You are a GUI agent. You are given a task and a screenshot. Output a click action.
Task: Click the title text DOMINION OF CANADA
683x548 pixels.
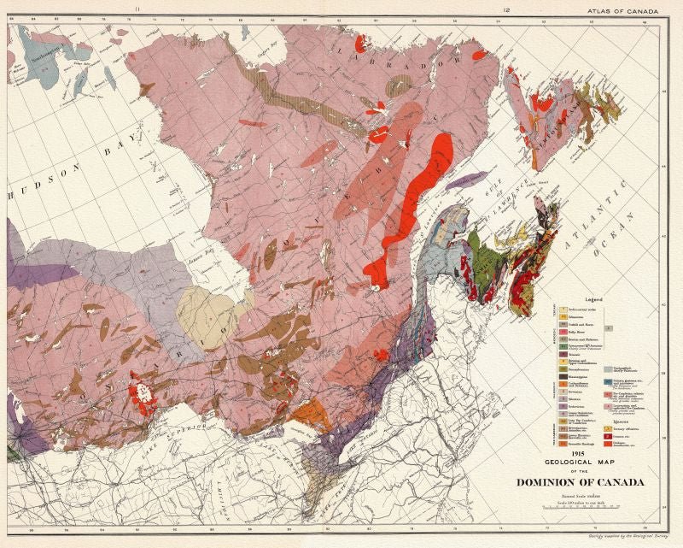click(580, 482)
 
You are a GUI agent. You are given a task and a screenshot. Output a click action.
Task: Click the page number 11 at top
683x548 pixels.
click(137, 10)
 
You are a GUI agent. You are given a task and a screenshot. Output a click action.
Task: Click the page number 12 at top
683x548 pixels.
click(506, 10)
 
